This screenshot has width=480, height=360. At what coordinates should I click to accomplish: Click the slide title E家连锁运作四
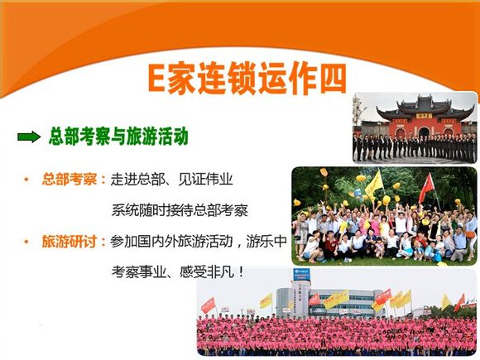pyautogui.click(x=247, y=78)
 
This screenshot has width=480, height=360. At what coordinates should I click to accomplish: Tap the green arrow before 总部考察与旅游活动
pyautogui.click(x=29, y=137)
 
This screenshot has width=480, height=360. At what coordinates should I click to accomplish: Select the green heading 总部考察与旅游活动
pyautogui.click(x=118, y=137)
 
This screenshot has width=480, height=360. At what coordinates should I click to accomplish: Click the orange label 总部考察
pyautogui.click(x=70, y=180)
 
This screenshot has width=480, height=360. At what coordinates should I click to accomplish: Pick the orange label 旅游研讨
pyautogui.click(x=70, y=242)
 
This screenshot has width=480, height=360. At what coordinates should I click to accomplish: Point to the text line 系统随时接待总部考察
pyautogui.click(x=180, y=210)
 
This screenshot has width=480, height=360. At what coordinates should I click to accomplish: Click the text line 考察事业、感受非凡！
pyautogui.click(x=178, y=271)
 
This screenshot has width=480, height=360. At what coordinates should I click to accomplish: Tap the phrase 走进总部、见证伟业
pyautogui.click(x=172, y=180)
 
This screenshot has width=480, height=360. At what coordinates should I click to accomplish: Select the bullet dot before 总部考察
pyautogui.click(x=26, y=180)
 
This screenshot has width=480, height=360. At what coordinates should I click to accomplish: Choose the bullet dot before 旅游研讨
pyautogui.click(x=26, y=242)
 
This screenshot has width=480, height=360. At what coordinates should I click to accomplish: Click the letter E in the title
pyautogui.click(x=156, y=78)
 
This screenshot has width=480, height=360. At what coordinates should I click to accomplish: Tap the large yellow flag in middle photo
pyautogui.click(x=374, y=185)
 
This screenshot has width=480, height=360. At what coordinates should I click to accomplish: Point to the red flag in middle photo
pyautogui.click(x=427, y=188)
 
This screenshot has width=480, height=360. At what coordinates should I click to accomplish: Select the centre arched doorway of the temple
pyautogui.click(x=424, y=132)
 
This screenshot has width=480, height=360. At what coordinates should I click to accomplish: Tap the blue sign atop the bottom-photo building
pyautogui.click(x=301, y=274)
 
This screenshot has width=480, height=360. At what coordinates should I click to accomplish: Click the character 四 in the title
pyautogui.click(x=333, y=78)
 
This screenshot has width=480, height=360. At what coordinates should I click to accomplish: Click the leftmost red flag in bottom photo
pyautogui.click(x=209, y=305)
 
